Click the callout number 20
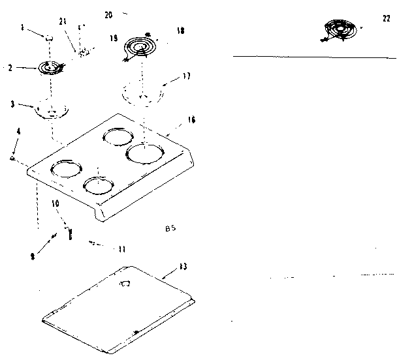tap(108, 14)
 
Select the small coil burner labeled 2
tap(48, 67)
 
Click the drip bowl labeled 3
tap(50, 108)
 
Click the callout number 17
tap(187, 76)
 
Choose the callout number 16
tap(191, 120)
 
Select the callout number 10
tap(56, 203)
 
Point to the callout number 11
tap(122, 248)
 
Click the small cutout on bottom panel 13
tap(125, 284)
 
